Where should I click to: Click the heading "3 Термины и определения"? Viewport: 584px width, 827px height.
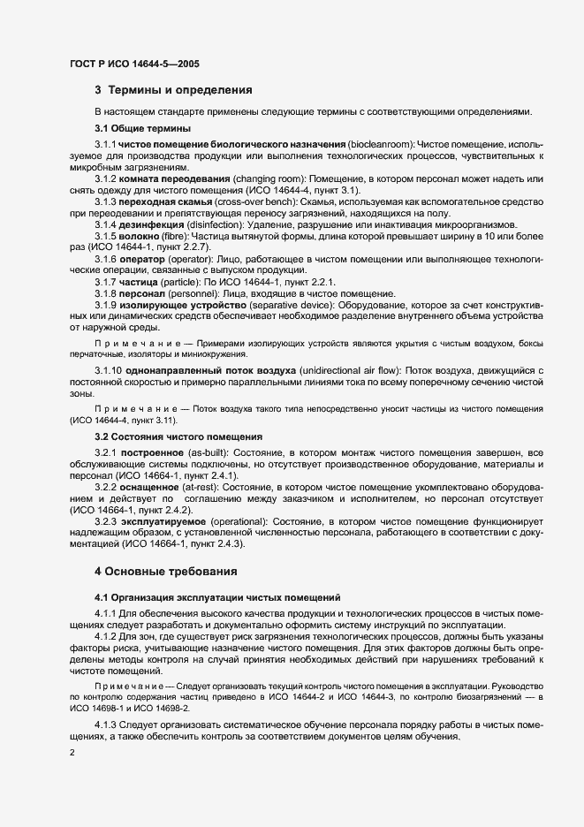[x=174, y=89]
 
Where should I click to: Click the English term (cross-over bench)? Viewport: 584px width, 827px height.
[x=239, y=201]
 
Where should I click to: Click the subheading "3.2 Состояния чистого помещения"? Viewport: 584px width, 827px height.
[x=178, y=436]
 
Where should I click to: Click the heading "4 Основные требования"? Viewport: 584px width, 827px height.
[x=167, y=571]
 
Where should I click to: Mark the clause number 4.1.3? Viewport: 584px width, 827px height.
[x=107, y=725]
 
